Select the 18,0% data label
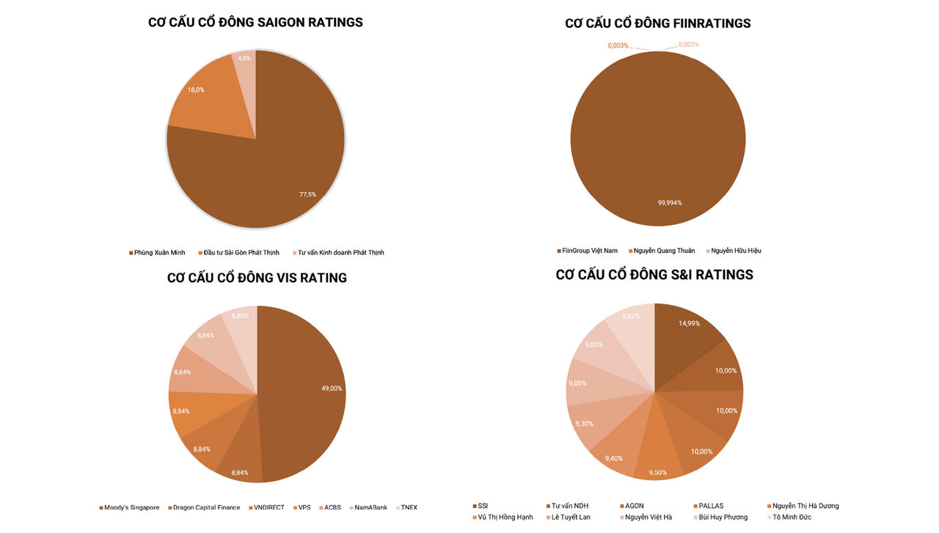(x=196, y=90)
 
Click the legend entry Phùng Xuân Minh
(x=159, y=253)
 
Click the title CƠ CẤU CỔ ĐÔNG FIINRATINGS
(x=658, y=23)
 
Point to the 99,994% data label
(x=670, y=202)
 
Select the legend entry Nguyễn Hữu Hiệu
(x=736, y=251)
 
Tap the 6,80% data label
(x=241, y=316)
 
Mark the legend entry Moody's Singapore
(x=131, y=507)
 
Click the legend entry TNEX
(x=409, y=507)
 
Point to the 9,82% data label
(x=631, y=316)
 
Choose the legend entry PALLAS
(x=711, y=506)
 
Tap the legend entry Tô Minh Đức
(x=792, y=518)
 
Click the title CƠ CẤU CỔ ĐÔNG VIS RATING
(x=257, y=278)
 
